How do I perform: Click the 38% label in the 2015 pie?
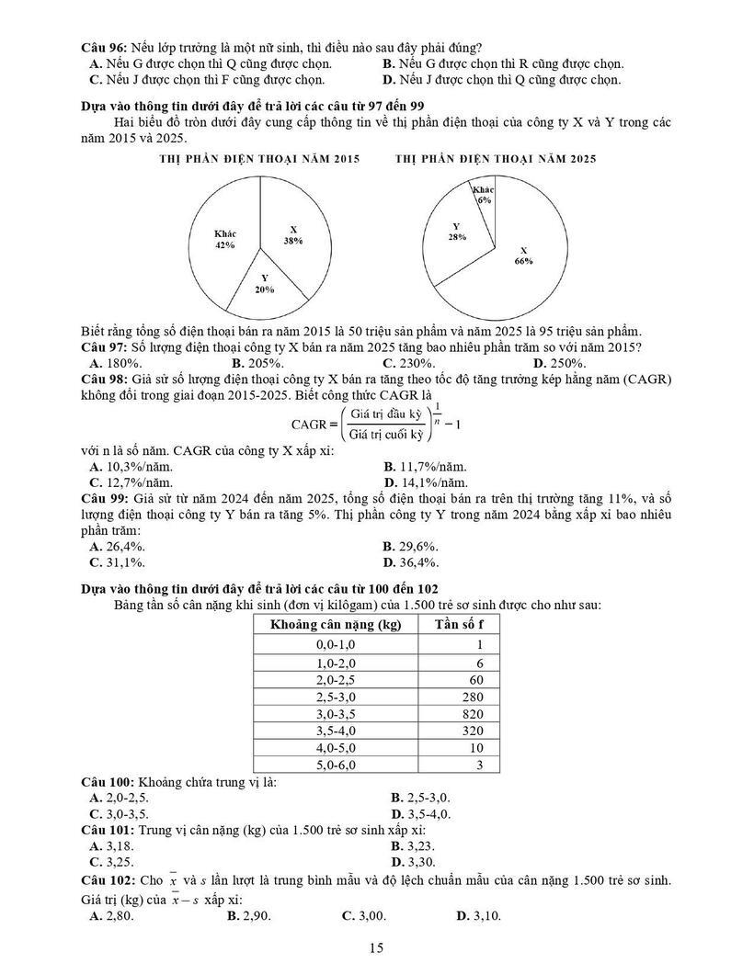click(x=293, y=241)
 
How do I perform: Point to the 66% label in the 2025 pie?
click(x=523, y=261)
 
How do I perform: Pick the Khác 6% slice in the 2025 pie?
click(x=485, y=195)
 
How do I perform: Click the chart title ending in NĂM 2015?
click(x=259, y=159)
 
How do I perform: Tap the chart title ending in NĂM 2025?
click(x=496, y=159)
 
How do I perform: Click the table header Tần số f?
click(x=459, y=625)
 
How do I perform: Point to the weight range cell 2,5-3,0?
click(x=334, y=697)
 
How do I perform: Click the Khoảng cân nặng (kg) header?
click(x=336, y=625)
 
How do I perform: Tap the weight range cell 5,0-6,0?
click(x=334, y=765)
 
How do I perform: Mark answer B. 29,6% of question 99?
click(x=411, y=547)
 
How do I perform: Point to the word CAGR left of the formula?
click(x=309, y=425)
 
